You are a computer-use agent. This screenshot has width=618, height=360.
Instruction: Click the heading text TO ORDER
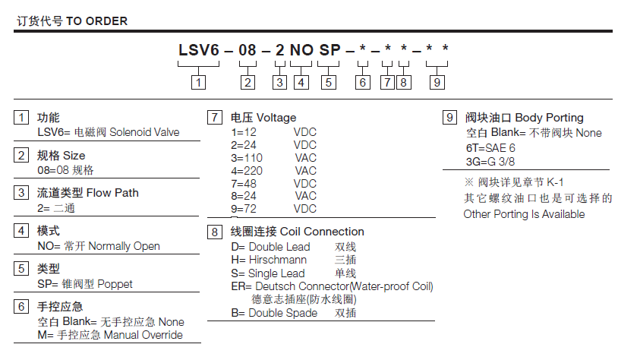tap(96, 21)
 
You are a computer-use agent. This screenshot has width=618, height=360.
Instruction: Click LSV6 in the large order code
tap(199, 50)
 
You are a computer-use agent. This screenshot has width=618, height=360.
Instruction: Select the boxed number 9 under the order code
tap(437, 83)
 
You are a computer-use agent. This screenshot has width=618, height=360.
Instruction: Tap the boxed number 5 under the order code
tap(329, 83)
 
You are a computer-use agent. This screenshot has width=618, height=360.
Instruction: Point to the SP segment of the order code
tap(330, 50)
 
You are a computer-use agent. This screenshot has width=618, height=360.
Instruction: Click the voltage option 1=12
tap(244, 132)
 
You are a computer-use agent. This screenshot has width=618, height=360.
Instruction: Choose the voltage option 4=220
tap(247, 171)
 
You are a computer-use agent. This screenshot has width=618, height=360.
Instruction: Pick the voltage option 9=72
tap(244, 209)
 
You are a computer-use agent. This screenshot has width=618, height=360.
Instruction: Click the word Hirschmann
tap(278, 260)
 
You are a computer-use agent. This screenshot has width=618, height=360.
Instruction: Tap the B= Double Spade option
tap(274, 313)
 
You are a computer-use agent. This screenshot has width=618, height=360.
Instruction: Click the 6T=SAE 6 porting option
tap(490, 148)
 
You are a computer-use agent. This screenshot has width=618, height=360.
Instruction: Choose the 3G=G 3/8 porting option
tap(490, 162)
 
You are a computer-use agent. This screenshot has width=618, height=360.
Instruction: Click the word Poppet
tap(115, 284)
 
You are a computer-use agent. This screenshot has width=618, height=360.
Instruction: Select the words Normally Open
tap(125, 246)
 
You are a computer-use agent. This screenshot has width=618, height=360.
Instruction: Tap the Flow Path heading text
tap(112, 193)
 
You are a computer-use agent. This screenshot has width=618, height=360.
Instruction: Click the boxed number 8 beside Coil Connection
tap(214, 232)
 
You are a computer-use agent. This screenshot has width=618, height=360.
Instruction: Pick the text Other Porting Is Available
tap(524, 214)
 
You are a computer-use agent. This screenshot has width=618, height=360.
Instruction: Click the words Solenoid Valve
tap(144, 132)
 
